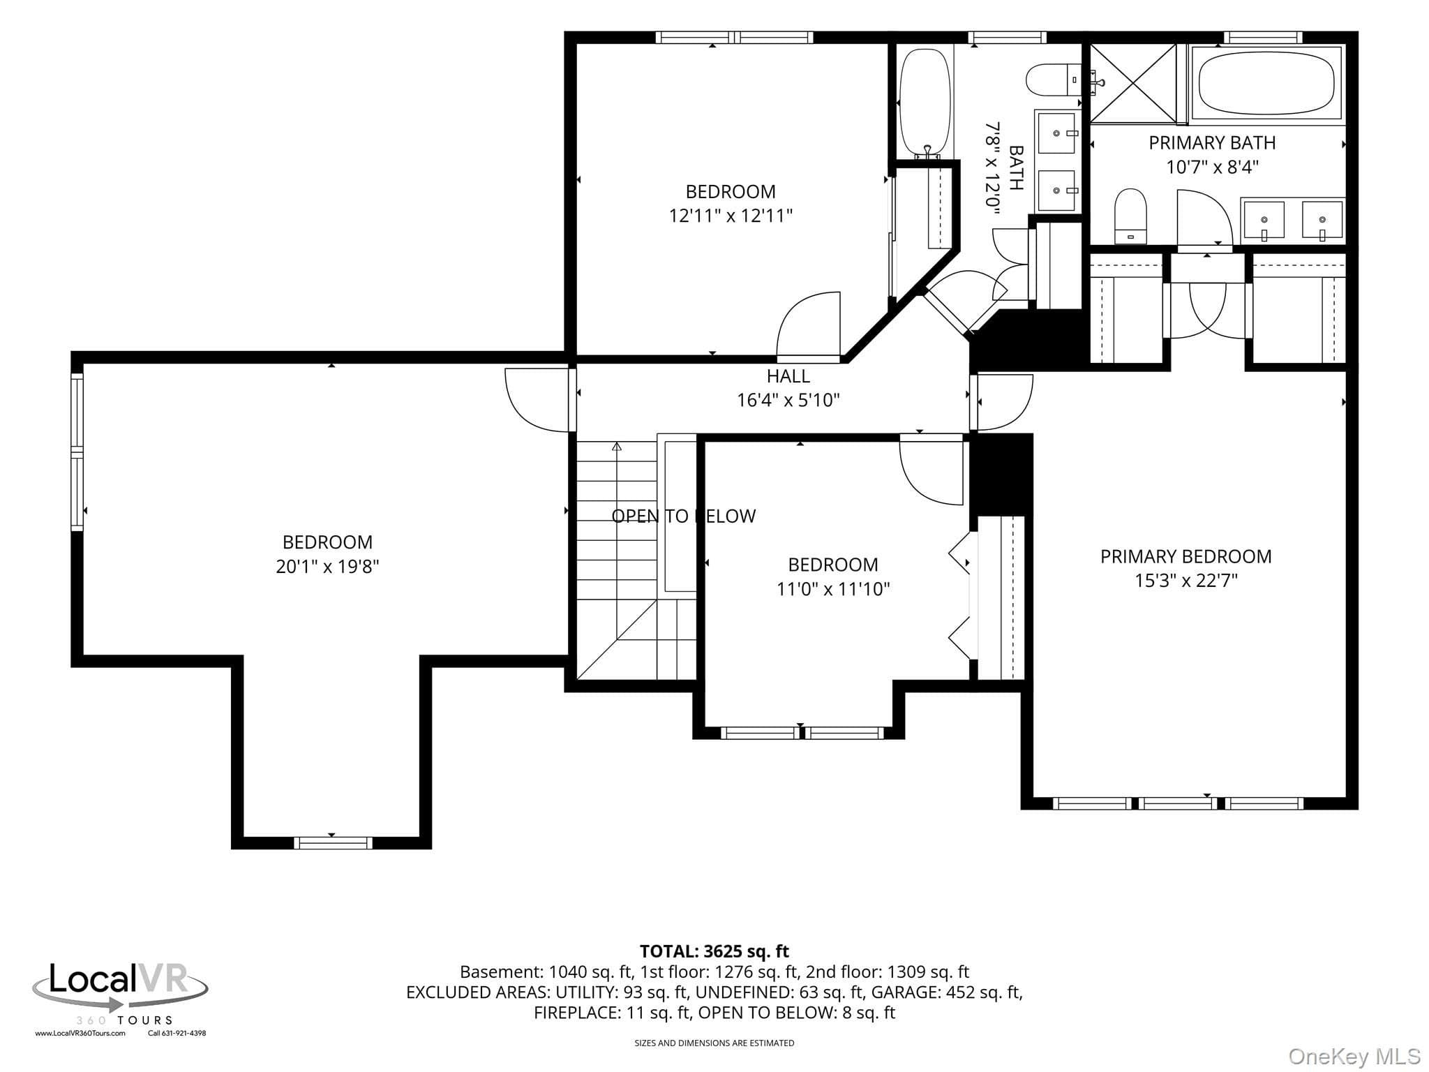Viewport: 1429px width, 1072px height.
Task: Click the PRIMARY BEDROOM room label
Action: coord(1185,556)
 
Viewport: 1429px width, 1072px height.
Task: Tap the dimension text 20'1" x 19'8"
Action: coord(327,566)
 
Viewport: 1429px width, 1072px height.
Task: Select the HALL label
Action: coord(788,376)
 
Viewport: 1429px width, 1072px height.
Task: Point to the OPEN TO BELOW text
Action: coord(683,516)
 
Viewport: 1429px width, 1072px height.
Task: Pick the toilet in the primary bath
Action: coord(1130,216)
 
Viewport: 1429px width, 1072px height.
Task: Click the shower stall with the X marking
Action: coord(1133,82)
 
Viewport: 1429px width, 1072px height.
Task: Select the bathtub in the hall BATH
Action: coord(925,103)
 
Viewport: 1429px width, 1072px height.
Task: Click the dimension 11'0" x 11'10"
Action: coord(833,589)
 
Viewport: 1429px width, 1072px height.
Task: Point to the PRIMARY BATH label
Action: coord(1212,142)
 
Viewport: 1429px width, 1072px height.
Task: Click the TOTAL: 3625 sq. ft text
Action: coord(714,951)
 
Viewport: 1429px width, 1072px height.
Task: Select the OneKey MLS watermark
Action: coord(1354,1056)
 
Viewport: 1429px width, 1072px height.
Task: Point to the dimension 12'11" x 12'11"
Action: coord(731,216)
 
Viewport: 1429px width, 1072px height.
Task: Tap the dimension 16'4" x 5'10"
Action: coord(788,400)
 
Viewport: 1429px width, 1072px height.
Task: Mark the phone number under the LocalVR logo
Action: coord(177,1034)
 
